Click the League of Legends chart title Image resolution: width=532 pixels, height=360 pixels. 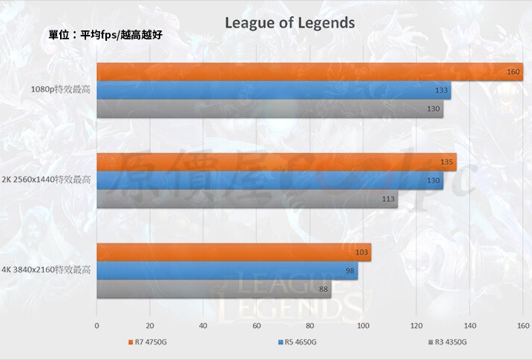coord(289,23)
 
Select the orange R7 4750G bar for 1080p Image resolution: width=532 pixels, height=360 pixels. coord(309,72)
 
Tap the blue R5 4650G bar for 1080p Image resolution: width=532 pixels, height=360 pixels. coord(274,91)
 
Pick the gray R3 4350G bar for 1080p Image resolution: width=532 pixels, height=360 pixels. coord(269,108)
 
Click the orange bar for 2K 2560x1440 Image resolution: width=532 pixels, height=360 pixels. coord(276,162)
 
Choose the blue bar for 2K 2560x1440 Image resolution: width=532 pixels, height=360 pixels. coord(269,180)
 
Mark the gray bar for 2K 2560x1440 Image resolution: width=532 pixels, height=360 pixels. coord(247,198)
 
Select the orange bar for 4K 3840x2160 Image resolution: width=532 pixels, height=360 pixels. coord(234,252)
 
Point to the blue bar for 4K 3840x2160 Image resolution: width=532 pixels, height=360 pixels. coord(227,271)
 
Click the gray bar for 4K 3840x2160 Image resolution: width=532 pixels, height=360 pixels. coord(214,289)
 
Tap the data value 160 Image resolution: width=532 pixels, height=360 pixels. coord(513,72)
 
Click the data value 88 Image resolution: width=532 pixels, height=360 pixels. coord(324,289)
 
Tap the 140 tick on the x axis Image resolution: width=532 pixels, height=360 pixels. coord(470,325)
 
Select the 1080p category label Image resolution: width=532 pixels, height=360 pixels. coord(60,90)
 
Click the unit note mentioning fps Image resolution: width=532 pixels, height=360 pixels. coord(104,34)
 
